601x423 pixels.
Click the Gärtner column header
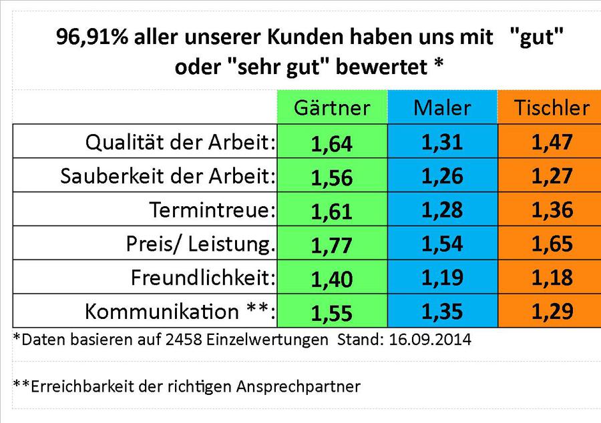pyautogui.click(x=332, y=107)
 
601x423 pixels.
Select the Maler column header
pyautogui.click(x=441, y=107)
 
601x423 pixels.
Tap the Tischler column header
pyautogui.click(x=552, y=107)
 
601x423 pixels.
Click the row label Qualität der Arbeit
pyautogui.click(x=181, y=142)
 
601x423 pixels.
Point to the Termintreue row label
pyautogui.click(x=213, y=210)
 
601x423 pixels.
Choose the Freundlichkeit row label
pyautogui.click(x=203, y=278)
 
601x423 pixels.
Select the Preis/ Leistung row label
pyautogui.click(x=200, y=244)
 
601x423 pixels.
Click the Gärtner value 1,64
pyautogui.click(x=331, y=143)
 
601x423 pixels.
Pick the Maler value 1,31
pyautogui.click(x=441, y=141)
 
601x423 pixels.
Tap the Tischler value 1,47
pyautogui.click(x=552, y=141)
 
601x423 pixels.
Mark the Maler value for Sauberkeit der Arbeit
pyautogui.click(x=441, y=175)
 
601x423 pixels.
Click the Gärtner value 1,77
pyautogui.click(x=331, y=245)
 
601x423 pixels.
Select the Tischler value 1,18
pyautogui.click(x=552, y=277)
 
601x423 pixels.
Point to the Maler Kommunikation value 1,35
pyautogui.click(x=441, y=311)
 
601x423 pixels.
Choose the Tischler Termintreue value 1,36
pyautogui.click(x=552, y=209)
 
